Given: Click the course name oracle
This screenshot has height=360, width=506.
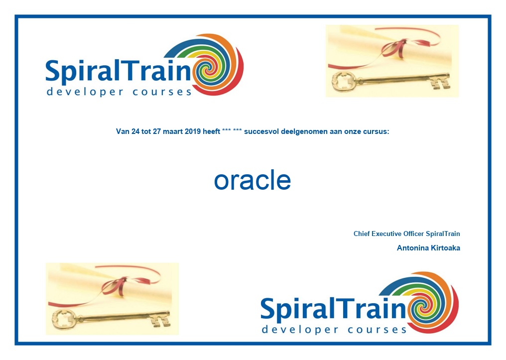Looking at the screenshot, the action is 253,180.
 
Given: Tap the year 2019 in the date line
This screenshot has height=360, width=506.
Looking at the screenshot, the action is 193,131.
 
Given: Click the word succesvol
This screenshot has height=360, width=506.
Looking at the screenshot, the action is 261,131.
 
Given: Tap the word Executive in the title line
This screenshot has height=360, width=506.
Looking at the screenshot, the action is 386,234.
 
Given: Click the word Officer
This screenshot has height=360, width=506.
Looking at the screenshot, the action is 414,234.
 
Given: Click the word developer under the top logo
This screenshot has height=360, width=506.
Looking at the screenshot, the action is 85,92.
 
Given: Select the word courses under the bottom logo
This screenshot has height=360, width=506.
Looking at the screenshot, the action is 377,330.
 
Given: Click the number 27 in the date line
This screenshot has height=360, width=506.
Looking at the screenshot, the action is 157,131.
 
